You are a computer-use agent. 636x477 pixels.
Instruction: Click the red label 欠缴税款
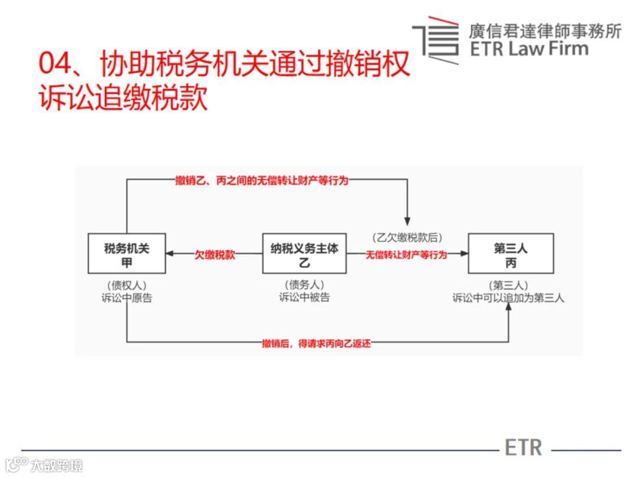[215, 255]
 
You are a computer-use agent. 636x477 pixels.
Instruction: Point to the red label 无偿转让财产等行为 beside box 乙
[406, 255]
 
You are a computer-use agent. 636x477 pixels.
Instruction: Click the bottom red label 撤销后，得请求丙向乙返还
[317, 343]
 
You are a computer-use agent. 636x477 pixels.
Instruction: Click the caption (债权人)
[127, 284]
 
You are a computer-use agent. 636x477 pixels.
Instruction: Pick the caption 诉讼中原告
[127, 298]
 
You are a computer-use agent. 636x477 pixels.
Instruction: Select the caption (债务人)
[304, 284]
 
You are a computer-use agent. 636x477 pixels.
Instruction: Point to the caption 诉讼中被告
[304, 298]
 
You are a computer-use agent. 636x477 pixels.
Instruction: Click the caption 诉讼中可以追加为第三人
[508, 298]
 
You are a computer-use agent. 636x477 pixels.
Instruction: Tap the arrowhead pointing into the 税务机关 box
[170, 254]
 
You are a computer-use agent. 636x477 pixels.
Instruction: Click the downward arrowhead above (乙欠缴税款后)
[407, 221]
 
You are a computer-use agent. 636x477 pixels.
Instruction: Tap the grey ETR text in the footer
[524, 447]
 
